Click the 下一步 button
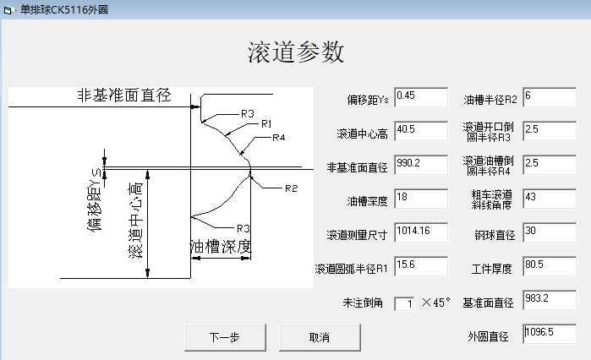[224, 337]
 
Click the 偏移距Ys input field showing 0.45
[420, 98]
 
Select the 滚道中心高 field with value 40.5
[420, 132]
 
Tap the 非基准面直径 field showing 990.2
[420, 165]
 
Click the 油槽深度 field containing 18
[420, 199]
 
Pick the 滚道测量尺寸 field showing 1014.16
[420, 232]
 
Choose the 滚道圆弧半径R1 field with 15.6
[420, 266]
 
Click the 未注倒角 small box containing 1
[404, 303]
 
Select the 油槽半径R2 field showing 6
[550, 98]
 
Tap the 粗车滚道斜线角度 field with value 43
[550, 199]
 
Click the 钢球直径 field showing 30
[550, 232]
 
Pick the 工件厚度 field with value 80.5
[550, 266]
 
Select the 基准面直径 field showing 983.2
[550, 300]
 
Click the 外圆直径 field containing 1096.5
[550, 334]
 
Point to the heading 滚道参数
[296, 52]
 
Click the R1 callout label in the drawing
[266, 124]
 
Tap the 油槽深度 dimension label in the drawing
[220, 247]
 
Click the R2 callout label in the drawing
[292, 188]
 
